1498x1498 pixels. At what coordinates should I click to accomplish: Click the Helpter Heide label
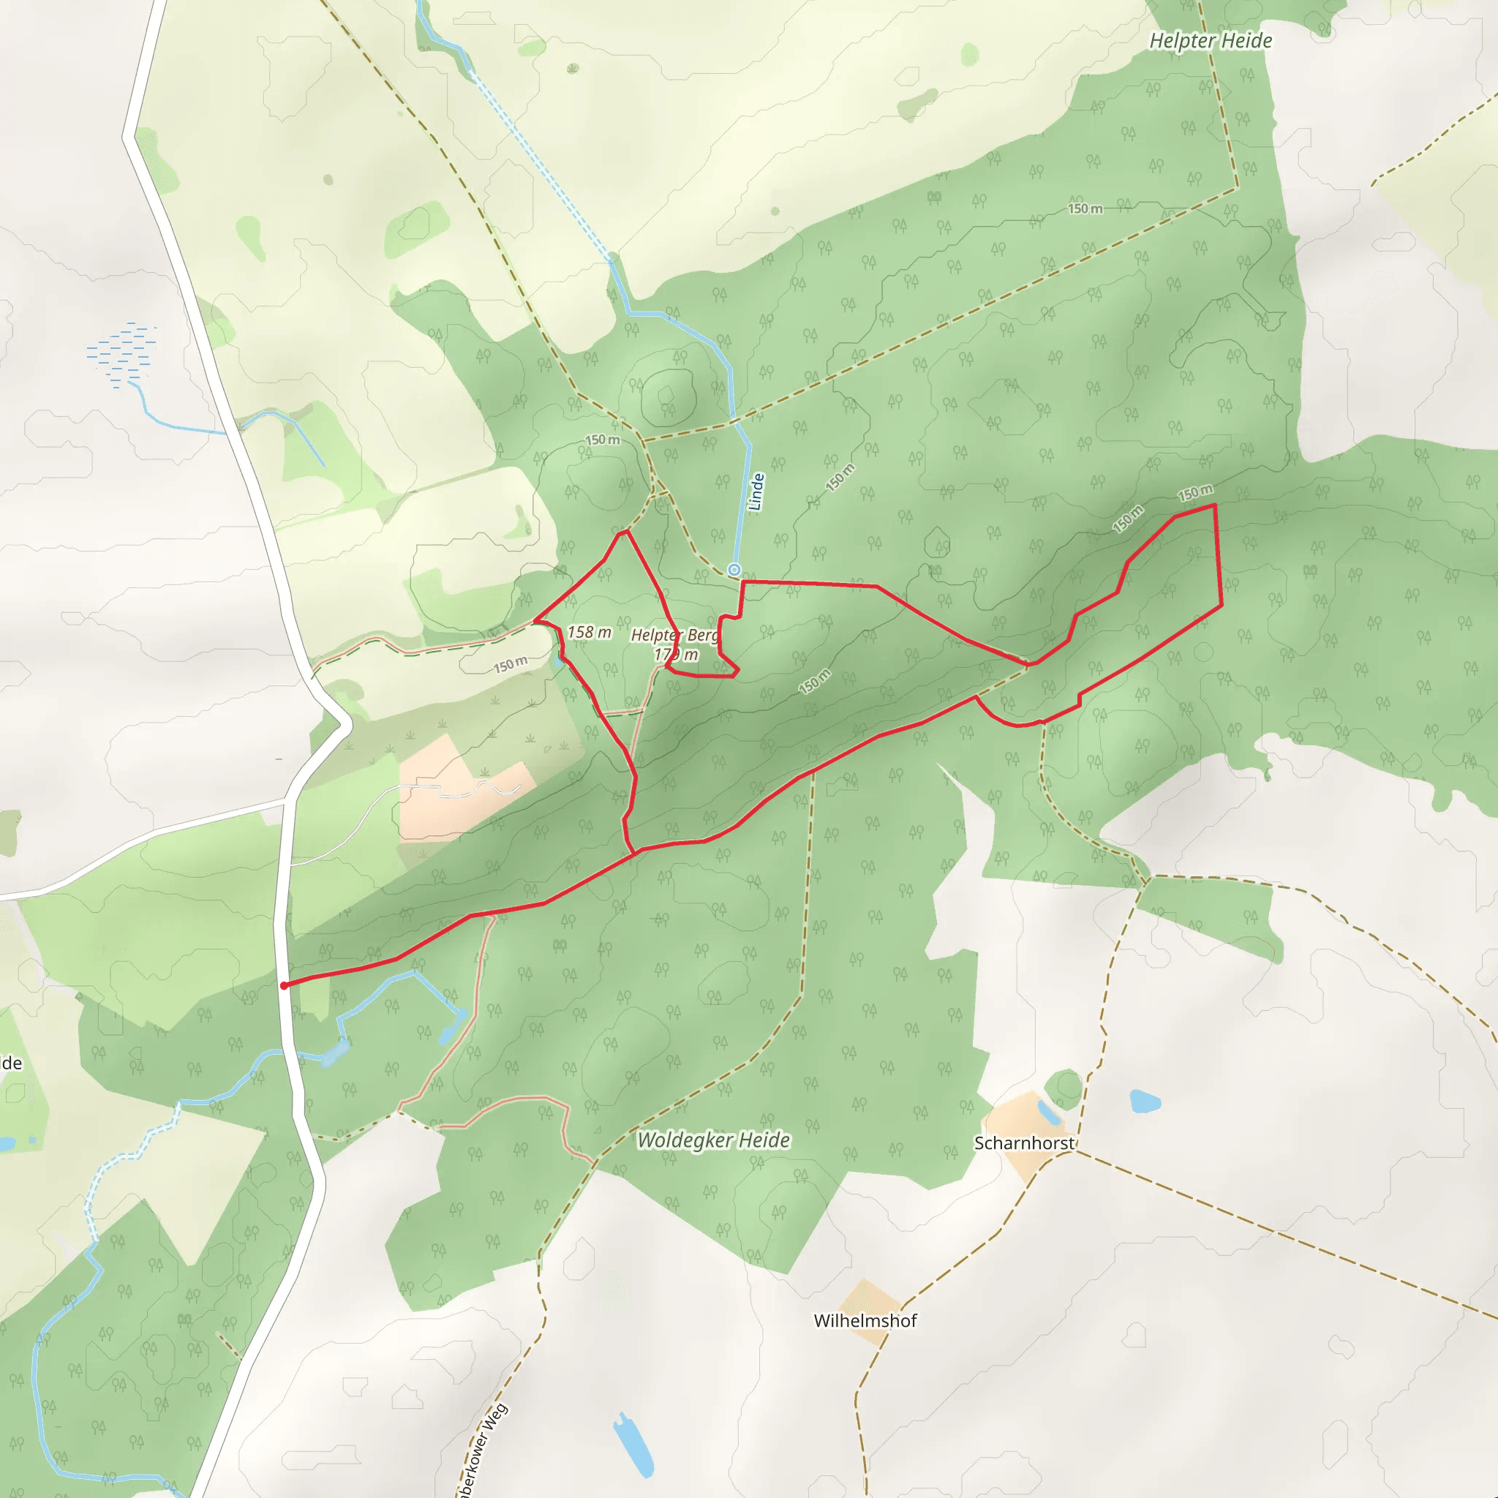pos(1211,41)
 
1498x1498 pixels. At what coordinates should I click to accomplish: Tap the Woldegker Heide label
pos(713,1140)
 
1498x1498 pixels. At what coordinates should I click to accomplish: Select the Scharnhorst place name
pos(1023,1144)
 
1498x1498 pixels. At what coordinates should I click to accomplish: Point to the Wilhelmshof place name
pos(865,1320)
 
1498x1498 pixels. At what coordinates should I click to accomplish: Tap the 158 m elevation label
pos(590,633)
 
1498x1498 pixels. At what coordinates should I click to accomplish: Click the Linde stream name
pos(757,492)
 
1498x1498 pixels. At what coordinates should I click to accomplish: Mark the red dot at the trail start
pos(285,985)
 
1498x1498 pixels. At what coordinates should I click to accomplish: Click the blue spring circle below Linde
pos(734,571)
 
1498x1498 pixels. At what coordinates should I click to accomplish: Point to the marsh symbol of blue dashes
pos(122,353)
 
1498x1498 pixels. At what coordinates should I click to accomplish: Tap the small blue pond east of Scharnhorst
pos(1145,1101)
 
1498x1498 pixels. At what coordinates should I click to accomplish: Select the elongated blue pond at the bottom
pos(633,1445)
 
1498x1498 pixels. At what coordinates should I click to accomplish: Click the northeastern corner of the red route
pos(1214,505)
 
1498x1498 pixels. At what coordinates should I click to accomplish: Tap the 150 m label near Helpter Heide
pos(1085,208)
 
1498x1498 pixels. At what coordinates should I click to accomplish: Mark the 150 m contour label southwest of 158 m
pos(511,664)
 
